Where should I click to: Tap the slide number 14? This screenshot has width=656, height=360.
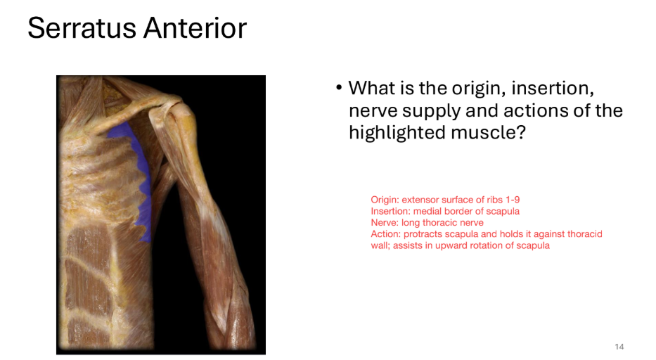[x=619, y=347]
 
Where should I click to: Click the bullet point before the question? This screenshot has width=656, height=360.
[x=339, y=89]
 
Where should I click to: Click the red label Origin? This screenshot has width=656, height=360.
[x=385, y=200]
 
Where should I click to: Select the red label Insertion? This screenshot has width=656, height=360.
[x=390, y=211]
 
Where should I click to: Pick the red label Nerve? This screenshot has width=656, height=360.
[x=385, y=223]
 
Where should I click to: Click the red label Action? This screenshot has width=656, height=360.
[x=385, y=234]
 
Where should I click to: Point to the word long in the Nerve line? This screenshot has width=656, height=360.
[x=411, y=223]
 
